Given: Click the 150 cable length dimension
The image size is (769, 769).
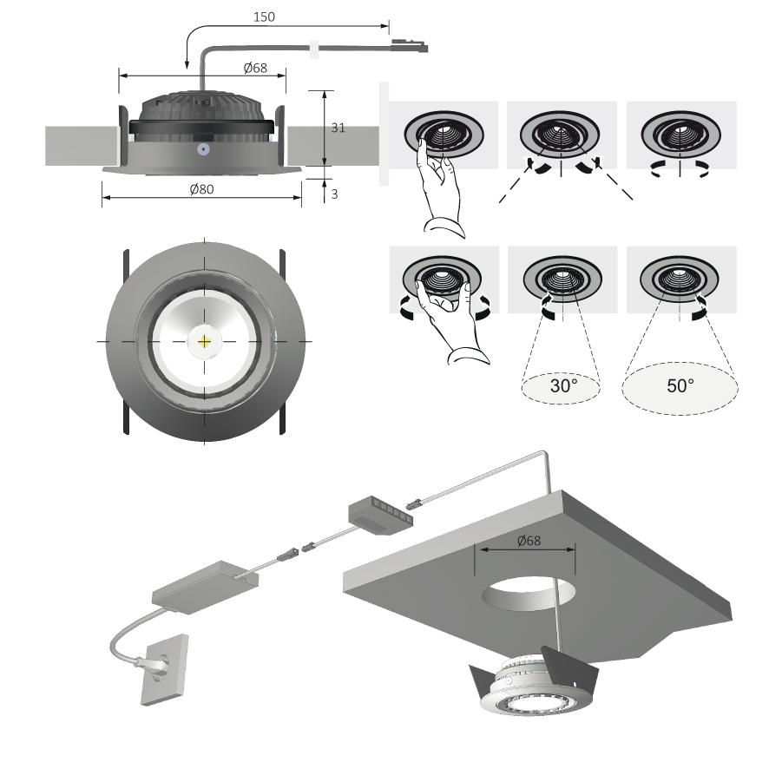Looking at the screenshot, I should (264, 16).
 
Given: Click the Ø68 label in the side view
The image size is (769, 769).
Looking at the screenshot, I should (255, 68).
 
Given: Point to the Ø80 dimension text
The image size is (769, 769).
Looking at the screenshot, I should (202, 189).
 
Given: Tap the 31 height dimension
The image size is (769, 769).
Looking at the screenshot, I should (338, 128).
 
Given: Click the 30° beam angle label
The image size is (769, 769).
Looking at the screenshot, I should (563, 385).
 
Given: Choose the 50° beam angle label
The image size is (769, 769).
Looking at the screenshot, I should (681, 385).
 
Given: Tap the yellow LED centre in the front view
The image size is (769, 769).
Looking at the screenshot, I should (205, 341).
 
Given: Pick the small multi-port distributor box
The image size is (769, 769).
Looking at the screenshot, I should (380, 511).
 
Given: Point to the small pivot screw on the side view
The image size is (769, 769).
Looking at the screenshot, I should (202, 148).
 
